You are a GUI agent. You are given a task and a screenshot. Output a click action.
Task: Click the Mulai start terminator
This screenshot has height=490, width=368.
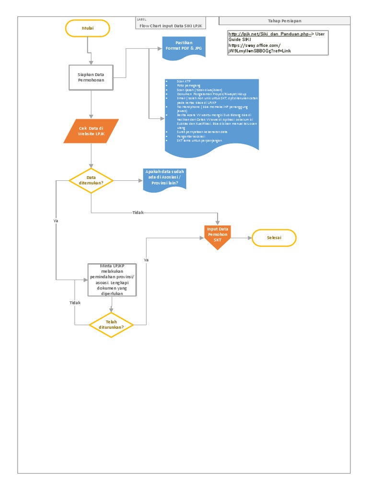pyautogui.click(x=88, y=29)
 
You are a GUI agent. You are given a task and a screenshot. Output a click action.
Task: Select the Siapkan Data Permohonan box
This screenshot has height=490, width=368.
pyautogui.click(x=91, y=78)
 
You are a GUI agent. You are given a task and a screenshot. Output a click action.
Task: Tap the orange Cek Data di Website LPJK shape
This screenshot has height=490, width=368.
pyautogui.click(x=91, y=131)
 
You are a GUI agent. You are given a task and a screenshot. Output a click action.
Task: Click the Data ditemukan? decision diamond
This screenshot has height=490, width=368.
pyautogui.click(x=91, y=180)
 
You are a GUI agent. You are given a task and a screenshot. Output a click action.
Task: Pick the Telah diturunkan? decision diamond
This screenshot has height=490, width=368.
pyautogui.click(x=111, y=325)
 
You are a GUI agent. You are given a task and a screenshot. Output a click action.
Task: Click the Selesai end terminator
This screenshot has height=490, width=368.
pyautogui.click(x=274, y=238)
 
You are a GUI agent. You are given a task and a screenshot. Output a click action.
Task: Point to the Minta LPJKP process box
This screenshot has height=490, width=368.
pyautogui.click(x=111, y=280)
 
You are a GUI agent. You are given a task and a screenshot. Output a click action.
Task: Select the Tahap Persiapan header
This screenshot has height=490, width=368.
pyautogui.click(x=284, y=21)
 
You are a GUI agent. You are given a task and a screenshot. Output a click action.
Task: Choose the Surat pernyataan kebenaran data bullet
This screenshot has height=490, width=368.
pyautogui.click(x=202, y=131)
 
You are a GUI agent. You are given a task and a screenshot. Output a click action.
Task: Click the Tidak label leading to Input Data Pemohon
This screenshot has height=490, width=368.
pyautogui.click(x=138, y=212)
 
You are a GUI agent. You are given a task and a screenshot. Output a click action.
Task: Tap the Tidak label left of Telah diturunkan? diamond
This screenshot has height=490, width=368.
pyautogui.click(x=75, y=303)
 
